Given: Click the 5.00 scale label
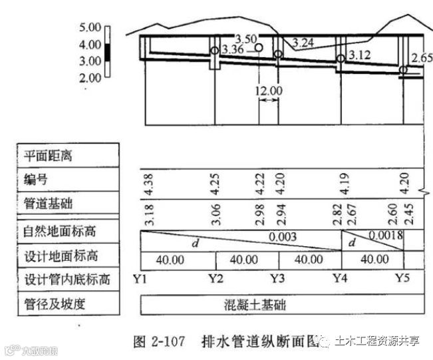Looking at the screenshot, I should pos(89,28).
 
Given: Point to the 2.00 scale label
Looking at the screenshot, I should pos(89,78).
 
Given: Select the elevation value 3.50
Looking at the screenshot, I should pos(245,39).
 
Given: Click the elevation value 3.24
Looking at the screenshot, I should pos(303,43).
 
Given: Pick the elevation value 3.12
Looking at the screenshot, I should pos(359,55).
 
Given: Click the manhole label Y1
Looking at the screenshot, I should pos(140,278).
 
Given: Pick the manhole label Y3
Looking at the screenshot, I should pos(278,278).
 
